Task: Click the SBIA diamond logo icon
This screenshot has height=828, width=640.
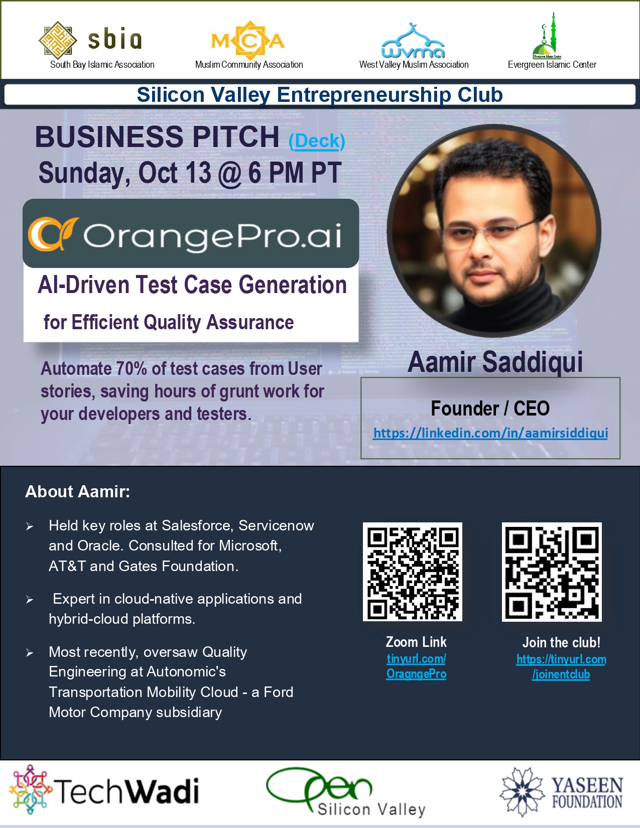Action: click(58, 40)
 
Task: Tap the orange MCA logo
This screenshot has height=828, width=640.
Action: click(248, 41)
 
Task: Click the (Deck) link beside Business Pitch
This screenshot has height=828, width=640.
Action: click(317, 141)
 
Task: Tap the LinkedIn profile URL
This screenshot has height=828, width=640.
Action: click(490, 433)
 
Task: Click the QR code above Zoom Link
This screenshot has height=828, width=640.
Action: click(413, 572)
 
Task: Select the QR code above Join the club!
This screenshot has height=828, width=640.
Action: click(552, 572)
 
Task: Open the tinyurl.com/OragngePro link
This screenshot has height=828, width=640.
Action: click(416, 666)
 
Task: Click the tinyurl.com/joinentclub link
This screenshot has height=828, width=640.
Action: click(561, 667)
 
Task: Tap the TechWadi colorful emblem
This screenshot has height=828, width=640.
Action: click(31, 789)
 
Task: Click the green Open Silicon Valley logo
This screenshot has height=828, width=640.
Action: click(345, 792)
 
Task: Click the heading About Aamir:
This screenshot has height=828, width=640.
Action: click(78, 492)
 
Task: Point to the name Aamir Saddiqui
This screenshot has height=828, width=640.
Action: click(495, 361)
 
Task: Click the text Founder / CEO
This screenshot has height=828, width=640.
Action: click(490, 408)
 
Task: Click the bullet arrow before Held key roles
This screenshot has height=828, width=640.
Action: click(30, 526)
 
